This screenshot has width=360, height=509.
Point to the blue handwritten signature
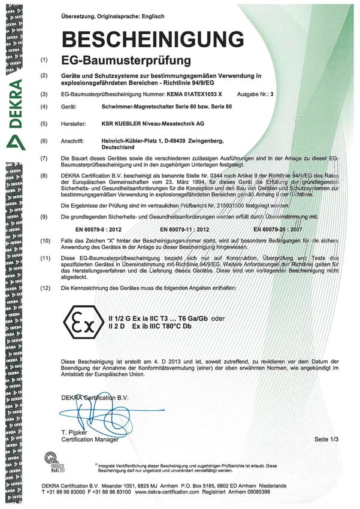[96, 413]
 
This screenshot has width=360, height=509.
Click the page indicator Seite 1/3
[326, 439]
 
